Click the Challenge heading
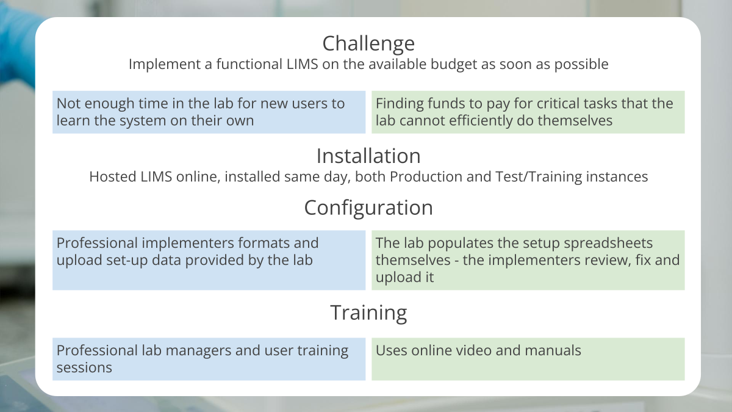pos(368,43)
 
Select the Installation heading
pos(368,156)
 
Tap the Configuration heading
pos(368,208)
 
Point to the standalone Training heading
pos(368,313)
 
